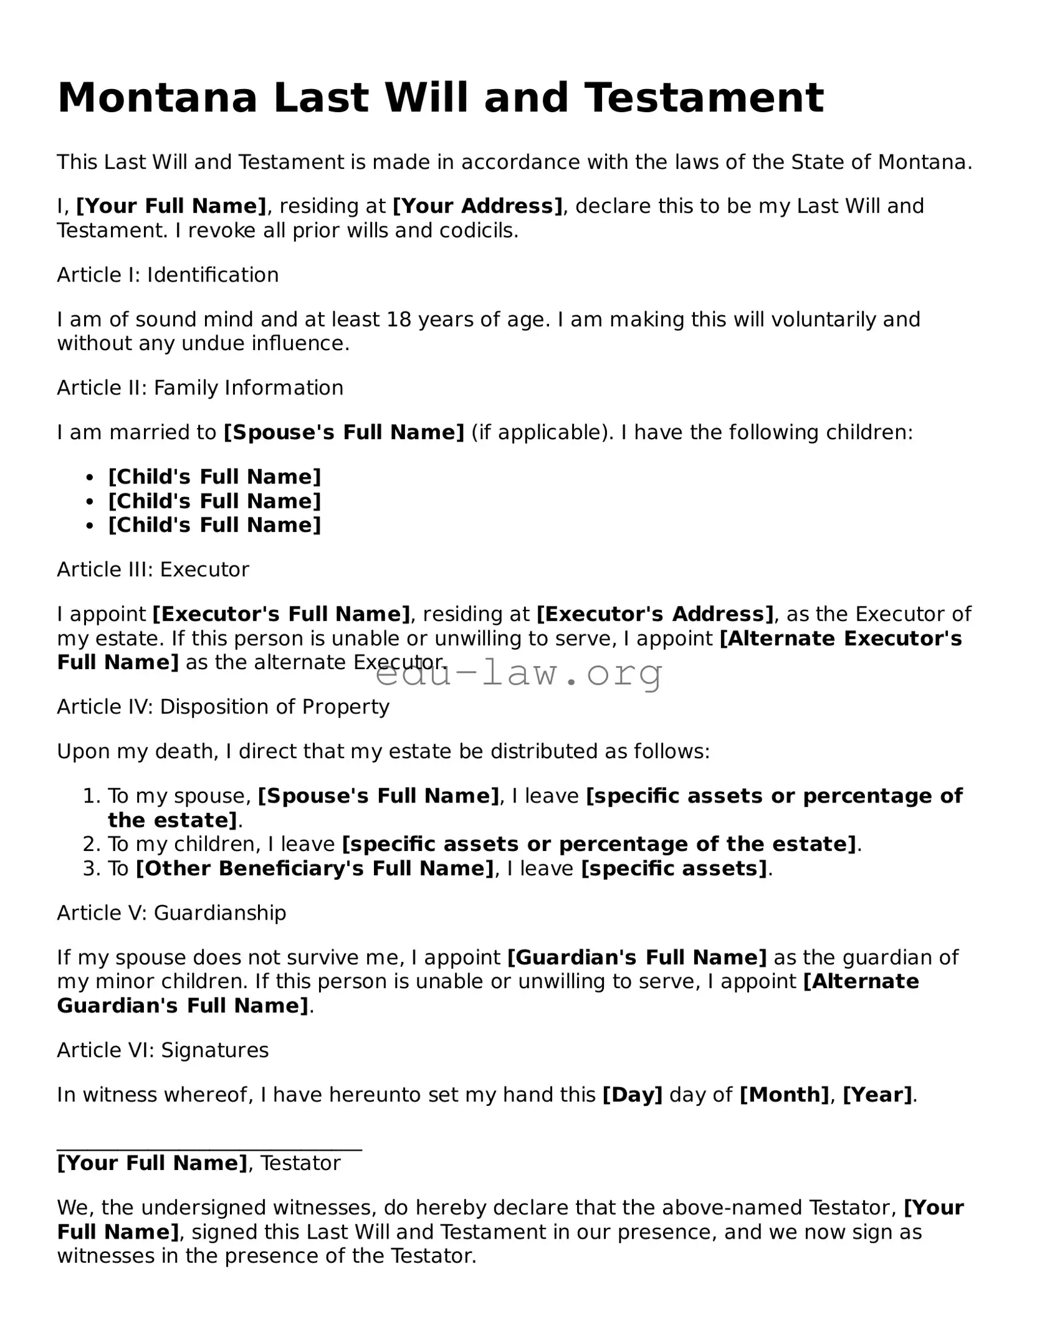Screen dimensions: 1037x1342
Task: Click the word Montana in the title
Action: pos(157,98)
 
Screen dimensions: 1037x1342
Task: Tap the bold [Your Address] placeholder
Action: pos(478,206)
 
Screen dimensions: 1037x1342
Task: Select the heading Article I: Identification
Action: pos(168,275)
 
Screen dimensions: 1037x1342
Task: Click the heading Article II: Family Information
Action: pos(200,388)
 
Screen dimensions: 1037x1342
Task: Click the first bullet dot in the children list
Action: pos(90,478)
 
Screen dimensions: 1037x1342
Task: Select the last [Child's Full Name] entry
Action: pos(214,525)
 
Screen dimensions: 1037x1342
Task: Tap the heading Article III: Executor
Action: pos(153,569)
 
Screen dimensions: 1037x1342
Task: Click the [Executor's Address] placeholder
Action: pos(655,614)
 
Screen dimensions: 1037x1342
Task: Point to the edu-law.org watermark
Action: pos(518,673)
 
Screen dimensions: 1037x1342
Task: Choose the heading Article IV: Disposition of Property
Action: pos(223,707)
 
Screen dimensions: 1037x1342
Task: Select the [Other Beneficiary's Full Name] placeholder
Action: pos(315,868)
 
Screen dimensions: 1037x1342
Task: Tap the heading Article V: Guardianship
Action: pos(171,913)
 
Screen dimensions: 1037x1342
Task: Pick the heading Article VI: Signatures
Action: pos(163,1050)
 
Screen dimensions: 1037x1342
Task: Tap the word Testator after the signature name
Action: pos(300,1164)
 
